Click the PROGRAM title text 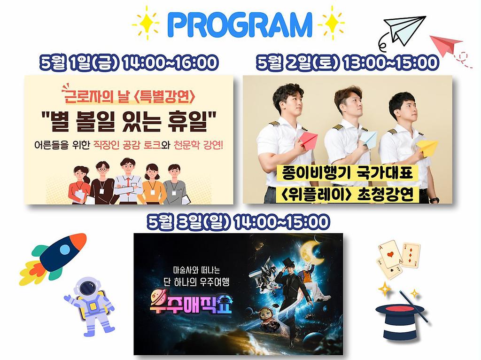[x=240, y=24]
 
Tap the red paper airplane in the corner [x=446, y=46]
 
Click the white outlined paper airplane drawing [x=405, y=29]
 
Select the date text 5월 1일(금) [x=78, y=63]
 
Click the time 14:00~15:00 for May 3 [x=281, y=221]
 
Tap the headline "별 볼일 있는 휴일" [x=129, y=121]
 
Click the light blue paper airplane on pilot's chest [x=368, y=139]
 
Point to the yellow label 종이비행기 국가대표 [x=345, y=173]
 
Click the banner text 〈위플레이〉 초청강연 [x=348, y=194]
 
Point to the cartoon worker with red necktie [x=128, y=181]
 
